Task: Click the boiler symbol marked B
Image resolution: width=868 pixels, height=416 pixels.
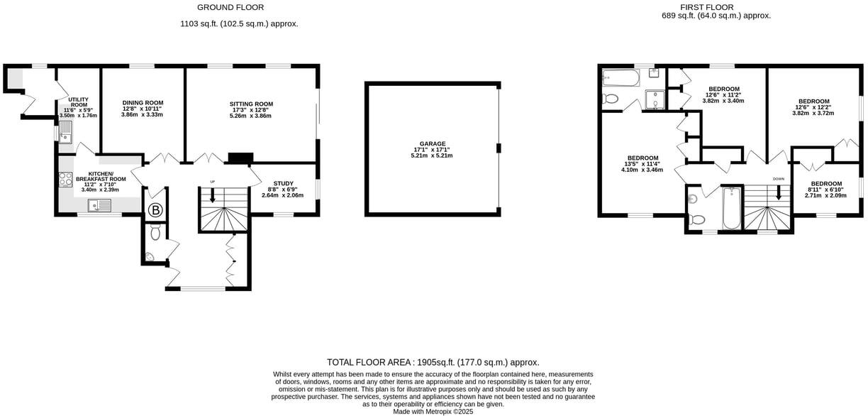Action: (155, 211)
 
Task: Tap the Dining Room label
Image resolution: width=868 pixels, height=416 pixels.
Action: (143, 103)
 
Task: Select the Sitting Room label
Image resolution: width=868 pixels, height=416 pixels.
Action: (251, 104)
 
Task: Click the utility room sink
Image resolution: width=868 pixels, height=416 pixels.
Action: (65, 131)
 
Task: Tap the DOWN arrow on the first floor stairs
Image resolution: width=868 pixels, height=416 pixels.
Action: (779, 192)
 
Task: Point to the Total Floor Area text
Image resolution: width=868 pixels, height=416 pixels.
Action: (433, 362)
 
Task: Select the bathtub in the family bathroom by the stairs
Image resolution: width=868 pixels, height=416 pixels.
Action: (730, 207)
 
